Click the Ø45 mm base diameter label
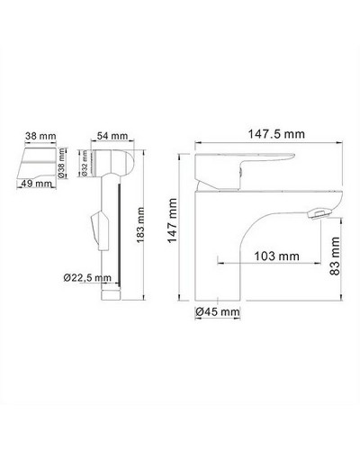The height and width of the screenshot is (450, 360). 219,311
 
